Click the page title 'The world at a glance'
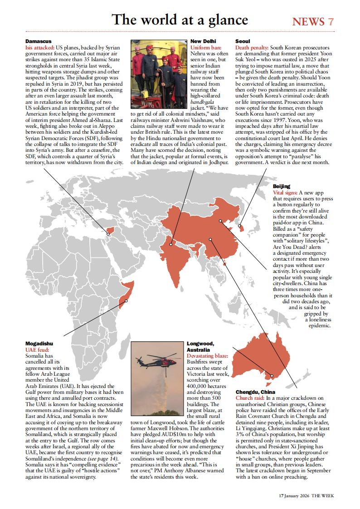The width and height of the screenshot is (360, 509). (x=180, y=19)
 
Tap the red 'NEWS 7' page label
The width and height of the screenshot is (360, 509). (x=313, y=21)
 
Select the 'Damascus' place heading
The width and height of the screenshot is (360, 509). (x=39, y=41)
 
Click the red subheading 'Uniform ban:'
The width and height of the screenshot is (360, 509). (x=206, y=47)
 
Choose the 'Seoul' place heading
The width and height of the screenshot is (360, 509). (x=243, y=41)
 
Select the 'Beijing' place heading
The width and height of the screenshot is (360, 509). (x=282, y=186)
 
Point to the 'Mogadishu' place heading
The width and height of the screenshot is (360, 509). (x=39, y=344)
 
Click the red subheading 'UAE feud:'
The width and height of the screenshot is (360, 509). (x=38, y=350)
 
